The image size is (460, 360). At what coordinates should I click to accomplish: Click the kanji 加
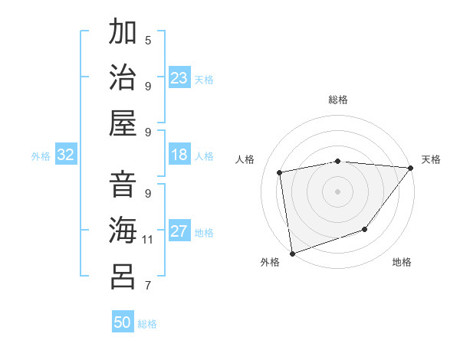pos(123,33)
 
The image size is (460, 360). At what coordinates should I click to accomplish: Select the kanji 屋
pos(123,123)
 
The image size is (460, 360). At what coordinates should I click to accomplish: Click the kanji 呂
pos(123,277)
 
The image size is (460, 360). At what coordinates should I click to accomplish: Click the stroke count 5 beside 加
pos(148,40)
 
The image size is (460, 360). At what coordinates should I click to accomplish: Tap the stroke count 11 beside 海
pos(148,239)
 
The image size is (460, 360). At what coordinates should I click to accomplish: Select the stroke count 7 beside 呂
pos(148,286)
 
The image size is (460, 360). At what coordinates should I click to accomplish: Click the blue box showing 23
pos(179,78)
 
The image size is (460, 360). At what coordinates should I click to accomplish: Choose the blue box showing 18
pos(179,155)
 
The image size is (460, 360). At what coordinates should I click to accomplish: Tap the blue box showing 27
pos(179,232)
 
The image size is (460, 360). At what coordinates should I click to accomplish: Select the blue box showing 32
pos(66,155)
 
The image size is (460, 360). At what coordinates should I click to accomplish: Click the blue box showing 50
pos(123,322)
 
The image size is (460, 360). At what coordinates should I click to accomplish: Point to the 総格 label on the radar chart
pos(338,100)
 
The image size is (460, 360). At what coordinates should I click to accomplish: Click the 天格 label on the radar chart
pos(431,159)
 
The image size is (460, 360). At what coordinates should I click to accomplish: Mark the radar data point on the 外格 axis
pos(292,253)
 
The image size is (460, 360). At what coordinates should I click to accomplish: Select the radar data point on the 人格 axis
pos(280,172)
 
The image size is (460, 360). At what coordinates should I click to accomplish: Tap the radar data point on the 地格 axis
pos(366,229)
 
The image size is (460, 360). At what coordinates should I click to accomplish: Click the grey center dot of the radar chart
pos(337,191)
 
